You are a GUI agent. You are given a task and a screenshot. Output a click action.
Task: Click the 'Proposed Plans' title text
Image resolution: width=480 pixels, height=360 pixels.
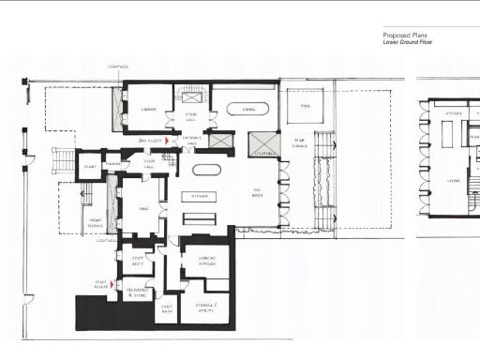(403, 35)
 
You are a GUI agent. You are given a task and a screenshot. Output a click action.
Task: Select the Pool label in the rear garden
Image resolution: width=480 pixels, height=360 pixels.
(305, 106)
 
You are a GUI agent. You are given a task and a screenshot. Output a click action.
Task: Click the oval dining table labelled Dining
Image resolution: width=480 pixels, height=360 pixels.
(247, 109)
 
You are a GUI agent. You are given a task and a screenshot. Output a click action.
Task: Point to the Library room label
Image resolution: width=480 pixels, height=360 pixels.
(148, 109)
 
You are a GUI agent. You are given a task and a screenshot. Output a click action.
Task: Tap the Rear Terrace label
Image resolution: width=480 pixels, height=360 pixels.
(299, 142)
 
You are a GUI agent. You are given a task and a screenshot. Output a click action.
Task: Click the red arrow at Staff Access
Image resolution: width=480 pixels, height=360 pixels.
(116, 287)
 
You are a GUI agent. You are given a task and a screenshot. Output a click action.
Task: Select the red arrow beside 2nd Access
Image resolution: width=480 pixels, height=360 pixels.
(169, 141)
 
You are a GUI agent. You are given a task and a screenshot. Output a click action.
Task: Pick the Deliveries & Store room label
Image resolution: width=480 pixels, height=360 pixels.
(137, 292)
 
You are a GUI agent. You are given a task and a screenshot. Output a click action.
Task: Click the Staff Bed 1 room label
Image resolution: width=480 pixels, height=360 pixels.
(137, 260)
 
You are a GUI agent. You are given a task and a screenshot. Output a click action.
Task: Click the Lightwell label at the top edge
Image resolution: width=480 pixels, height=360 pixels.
(118, 67)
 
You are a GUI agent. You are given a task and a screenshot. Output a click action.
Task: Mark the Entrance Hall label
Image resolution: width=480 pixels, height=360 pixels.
(192, 139)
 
